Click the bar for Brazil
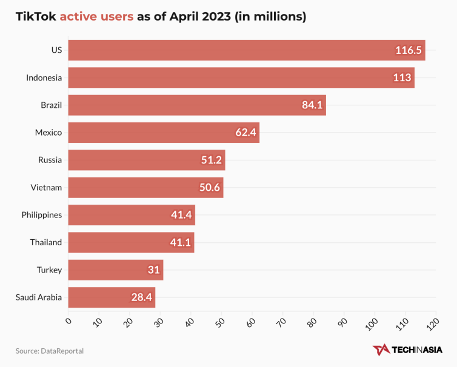click(196, 105)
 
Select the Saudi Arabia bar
click(112, 297)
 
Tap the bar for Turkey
click(115, 269)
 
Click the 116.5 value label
click(409, 50)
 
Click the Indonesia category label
click(44, 78)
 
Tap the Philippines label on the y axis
click(41, 215)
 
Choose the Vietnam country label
click(46, 188)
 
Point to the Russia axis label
click(50, 160)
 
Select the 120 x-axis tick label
click(432, 323)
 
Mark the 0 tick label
click(68, 321)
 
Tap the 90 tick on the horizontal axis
click(342, 322)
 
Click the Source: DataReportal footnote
click(50, 351)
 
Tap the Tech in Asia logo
click(407, 350)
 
